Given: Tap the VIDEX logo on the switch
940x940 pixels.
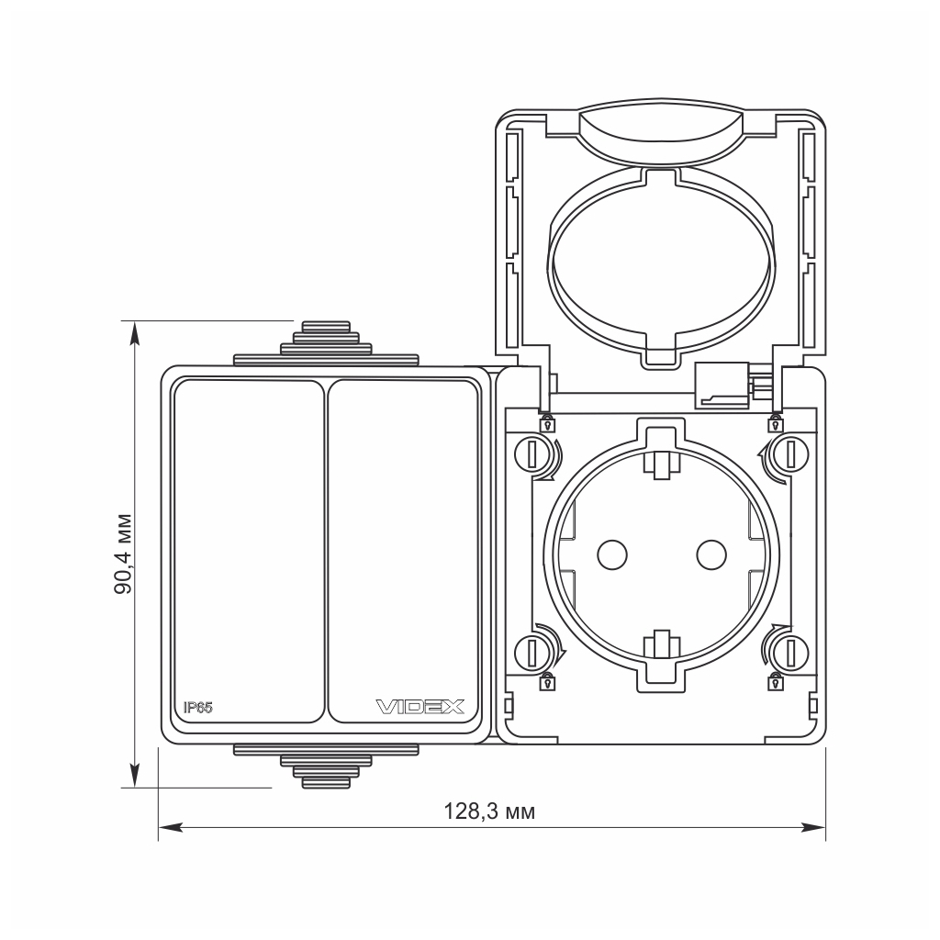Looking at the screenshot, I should point(421,707).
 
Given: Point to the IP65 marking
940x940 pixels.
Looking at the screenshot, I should point(197,707).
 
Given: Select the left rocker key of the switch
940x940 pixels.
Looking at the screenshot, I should point(248,551).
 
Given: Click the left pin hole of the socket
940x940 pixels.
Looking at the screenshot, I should point(610,553).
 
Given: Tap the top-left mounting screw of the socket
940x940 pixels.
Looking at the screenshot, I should point(532,453).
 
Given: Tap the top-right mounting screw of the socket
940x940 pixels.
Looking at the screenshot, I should point(789,453).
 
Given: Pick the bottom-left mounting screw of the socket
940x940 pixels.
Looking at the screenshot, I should point(532,652).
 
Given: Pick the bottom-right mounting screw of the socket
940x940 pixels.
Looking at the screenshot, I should point(789,652).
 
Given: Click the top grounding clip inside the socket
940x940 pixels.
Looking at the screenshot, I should point(660,464).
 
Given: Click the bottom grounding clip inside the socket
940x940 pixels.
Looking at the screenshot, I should point(660,644).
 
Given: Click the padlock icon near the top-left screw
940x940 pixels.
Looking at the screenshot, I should point(547,424).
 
